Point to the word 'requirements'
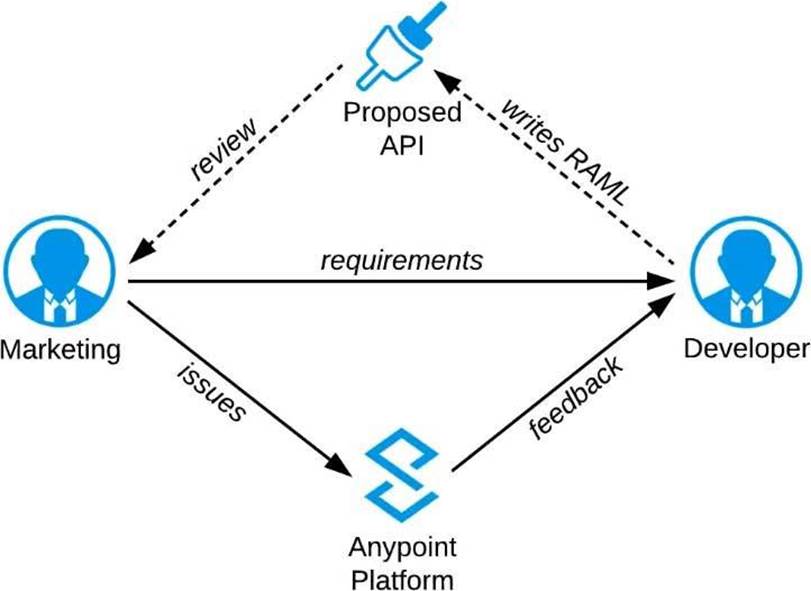401,261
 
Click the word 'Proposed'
403,112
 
